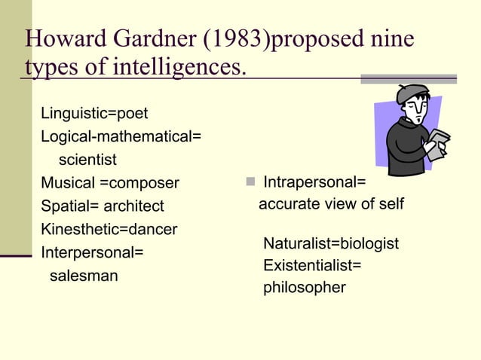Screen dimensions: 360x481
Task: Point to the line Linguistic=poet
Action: point(94,114)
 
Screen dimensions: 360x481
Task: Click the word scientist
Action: point(87,160)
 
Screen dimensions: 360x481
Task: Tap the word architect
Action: point(133,206)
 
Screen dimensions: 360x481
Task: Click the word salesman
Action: point(84,276)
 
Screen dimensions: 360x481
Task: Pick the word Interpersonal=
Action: point(92,252)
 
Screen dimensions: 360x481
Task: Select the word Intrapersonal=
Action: point(314,182)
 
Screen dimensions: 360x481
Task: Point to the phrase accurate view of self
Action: point(331,204)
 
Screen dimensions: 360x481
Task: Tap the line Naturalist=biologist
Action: point(330,244)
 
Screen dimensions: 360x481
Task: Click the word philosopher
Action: point(304,288)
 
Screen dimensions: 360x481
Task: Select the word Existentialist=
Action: point(312,266)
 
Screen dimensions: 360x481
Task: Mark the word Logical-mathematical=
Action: point(121,137)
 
